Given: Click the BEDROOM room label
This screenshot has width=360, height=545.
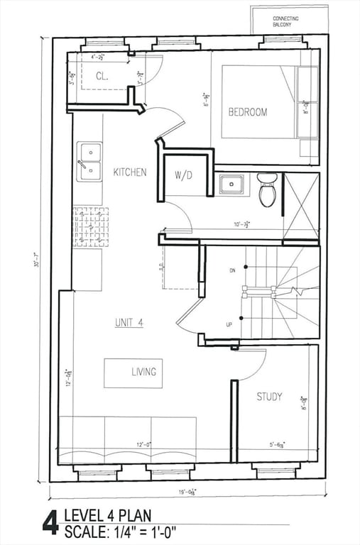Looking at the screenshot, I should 248,112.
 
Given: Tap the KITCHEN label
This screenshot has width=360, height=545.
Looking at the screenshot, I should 130,172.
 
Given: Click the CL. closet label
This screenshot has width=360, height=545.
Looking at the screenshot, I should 102,76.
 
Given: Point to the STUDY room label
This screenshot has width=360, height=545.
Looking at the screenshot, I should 269,397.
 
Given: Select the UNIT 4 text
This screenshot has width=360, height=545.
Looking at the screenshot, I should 129,322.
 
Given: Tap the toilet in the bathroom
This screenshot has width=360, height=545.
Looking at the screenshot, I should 267,189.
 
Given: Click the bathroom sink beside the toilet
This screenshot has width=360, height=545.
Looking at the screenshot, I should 231,185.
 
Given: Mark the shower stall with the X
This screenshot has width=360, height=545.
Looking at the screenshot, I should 301,206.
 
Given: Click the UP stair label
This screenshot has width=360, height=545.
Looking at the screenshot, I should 229,324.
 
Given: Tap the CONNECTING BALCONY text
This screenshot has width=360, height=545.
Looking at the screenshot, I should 285,21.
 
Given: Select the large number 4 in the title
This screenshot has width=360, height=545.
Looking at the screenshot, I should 50,522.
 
